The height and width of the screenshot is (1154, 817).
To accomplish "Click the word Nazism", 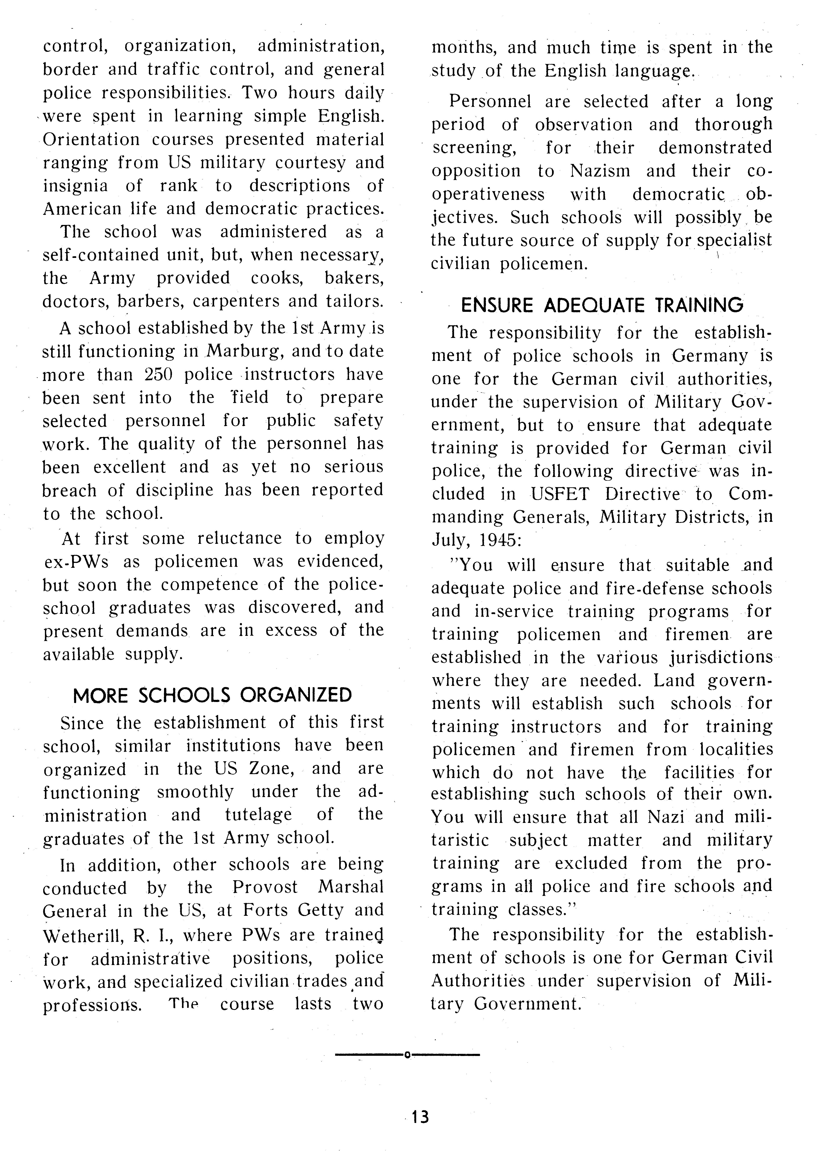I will pyautogui.click(x=600, y=171).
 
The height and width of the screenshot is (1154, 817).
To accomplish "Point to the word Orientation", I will pyautogui.click(x=91, y=139).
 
